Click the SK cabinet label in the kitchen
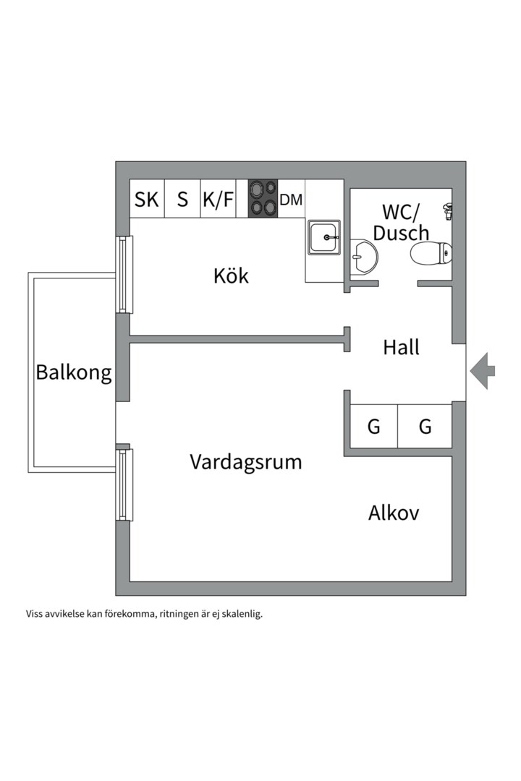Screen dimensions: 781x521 click(147, 200)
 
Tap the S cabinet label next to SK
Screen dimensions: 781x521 click(182, 200)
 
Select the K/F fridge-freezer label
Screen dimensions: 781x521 click(218, 200)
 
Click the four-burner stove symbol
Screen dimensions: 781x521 click(263, 198)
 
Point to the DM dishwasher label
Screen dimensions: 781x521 click(291, 200)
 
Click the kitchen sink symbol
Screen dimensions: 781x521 click(324, 237)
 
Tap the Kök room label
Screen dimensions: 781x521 click(231, 276)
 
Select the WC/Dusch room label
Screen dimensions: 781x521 click(401, 222)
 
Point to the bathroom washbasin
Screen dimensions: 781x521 click(364, 257)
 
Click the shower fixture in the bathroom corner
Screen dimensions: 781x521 click(448, 210)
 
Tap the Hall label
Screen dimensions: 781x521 click(401, 348)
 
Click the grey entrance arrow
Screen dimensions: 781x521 click(483, 370)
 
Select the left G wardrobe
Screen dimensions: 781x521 click(373, 427)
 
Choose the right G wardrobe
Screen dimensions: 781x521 click(425, 427)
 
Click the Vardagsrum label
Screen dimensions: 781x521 click(245, 462)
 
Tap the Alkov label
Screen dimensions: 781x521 click(394, 513)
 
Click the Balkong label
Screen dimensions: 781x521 click(74, 373)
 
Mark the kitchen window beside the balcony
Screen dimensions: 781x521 click(124, 274)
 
